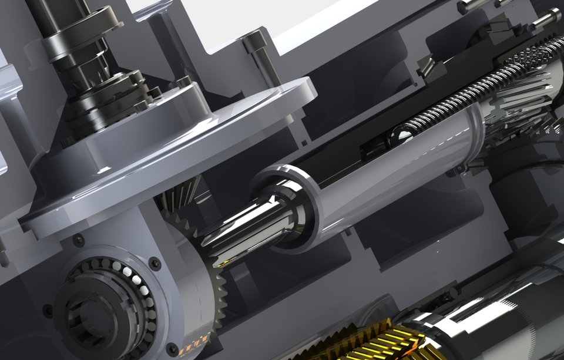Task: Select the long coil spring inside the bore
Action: tap(470, 94)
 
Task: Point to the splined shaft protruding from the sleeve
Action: tap(247, 235)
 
